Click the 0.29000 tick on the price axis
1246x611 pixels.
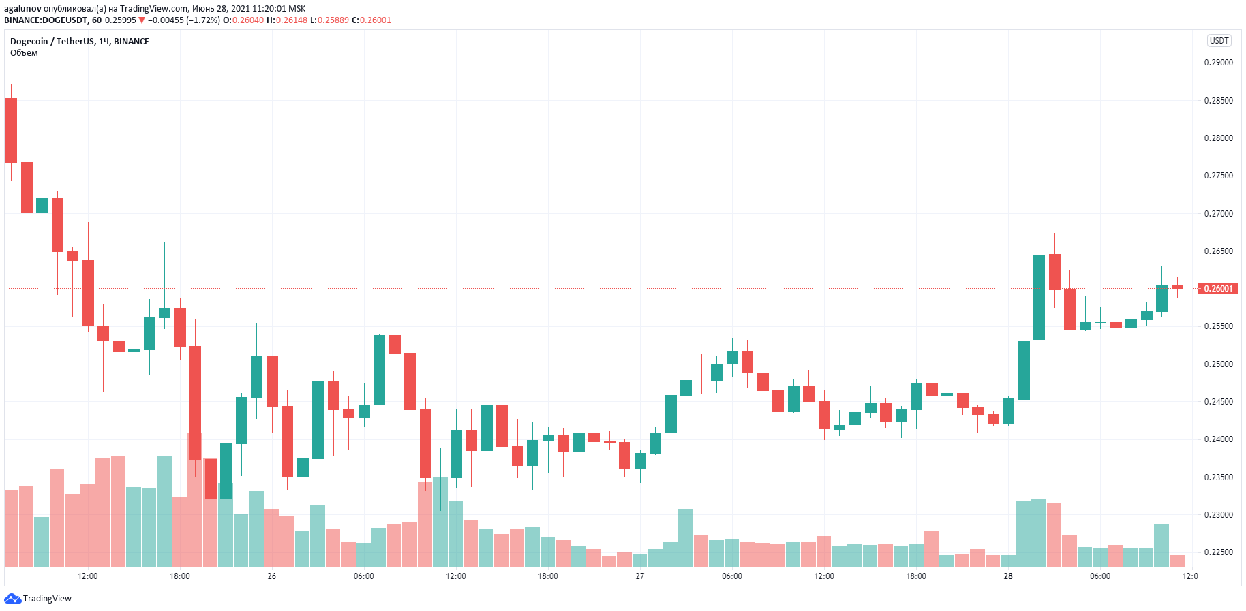point(1218,63)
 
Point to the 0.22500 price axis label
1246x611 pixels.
point(1218,552)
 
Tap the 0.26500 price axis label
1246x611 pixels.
point(1218,251)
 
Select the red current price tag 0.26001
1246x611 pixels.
point(1218,289)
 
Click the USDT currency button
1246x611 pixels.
point(1219,41)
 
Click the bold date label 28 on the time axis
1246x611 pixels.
point(1008,576)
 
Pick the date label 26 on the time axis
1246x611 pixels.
point(272,576)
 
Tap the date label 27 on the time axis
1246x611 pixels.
point(640,576)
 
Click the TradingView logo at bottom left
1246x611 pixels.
point(38,599)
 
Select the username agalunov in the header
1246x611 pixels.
point(22,9)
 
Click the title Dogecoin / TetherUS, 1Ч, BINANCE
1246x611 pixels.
point(79,42)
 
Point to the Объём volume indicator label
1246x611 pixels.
point(24,53)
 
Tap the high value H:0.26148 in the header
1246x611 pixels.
point(287,20)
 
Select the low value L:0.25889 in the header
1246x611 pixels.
point(329,20)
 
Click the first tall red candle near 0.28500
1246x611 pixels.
point(11,130)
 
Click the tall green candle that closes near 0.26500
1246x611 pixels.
point(1039,297)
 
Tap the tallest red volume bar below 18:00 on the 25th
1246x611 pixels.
point(195,501)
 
